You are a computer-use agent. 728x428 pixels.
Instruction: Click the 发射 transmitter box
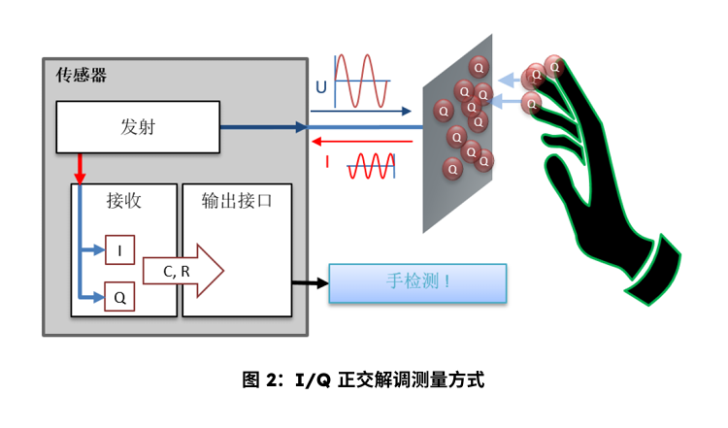pos(138,127)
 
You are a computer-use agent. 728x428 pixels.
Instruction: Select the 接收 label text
pos(124,201)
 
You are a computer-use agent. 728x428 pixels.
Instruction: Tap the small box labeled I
pos(119,250)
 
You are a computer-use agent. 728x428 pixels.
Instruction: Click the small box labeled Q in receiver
pos(119,298)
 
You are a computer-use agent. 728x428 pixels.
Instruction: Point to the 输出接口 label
pos(237,201)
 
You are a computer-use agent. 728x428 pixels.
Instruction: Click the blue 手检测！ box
pos(418,282)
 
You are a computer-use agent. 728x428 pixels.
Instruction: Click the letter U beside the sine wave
pos(319,88)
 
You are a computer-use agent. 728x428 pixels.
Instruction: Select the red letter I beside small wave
pos(327,163)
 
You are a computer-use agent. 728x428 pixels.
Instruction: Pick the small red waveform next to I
pos(372,165)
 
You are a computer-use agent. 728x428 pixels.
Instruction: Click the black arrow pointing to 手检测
pos(310,282)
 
